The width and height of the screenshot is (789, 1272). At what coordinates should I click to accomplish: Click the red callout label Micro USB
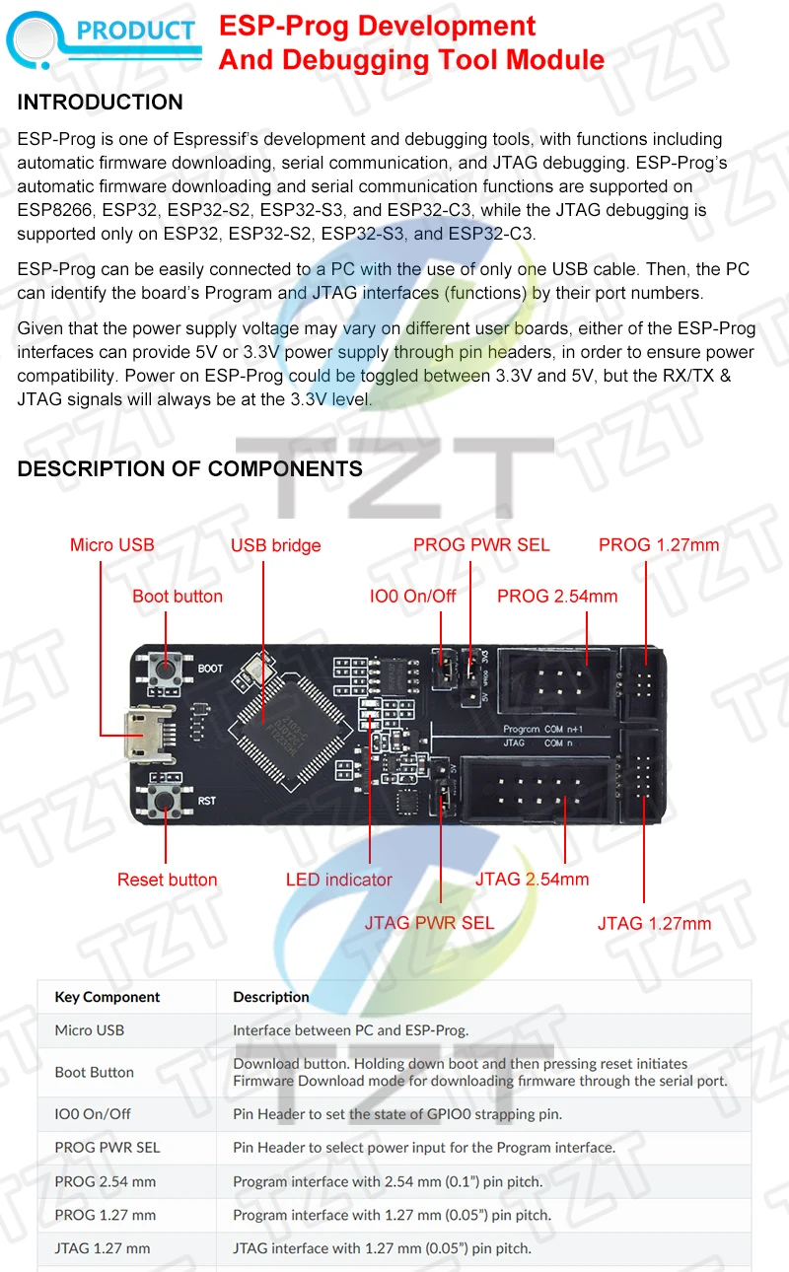pyautogui.click(x=111, y=545)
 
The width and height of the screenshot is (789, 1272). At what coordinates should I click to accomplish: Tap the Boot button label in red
pyautogui.click(x=178, y=597)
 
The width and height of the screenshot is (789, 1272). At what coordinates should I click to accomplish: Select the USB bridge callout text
pyautogui.click(x=276, y=545)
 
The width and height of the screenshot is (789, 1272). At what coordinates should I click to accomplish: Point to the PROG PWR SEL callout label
pyautogui.click(x=481, y=545)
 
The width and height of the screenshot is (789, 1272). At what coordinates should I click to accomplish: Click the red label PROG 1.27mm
pyautogui.click(x=659, y=545)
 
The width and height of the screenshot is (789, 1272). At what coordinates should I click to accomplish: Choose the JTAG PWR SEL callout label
pyautogui.click(x=430, y=923)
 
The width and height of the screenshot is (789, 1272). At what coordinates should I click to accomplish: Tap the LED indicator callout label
pyautogui.click(x=339, y=880)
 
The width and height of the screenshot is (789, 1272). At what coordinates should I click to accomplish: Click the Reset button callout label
pyautogui.click(x=167, y=880)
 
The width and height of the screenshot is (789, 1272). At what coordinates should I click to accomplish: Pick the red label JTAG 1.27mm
pyautogui.click(x=654, y=923)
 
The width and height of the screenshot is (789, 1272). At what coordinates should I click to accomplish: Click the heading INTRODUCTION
pyautogui.click(x=101, y=103)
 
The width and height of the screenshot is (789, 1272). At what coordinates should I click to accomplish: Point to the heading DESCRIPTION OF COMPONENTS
pyautogui.click(x=190, y=469)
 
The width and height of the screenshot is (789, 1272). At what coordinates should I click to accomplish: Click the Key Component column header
pyautogui.click(x=108, y=997)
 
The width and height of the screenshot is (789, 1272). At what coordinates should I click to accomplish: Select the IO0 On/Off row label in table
pyautogui.click(x=93, y=1114)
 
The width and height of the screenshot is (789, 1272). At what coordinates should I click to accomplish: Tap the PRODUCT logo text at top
pyautogui.click(x=136, y=31)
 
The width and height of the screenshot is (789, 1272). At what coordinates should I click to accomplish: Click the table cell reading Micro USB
pyautogui.click(x=90, y=1030)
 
